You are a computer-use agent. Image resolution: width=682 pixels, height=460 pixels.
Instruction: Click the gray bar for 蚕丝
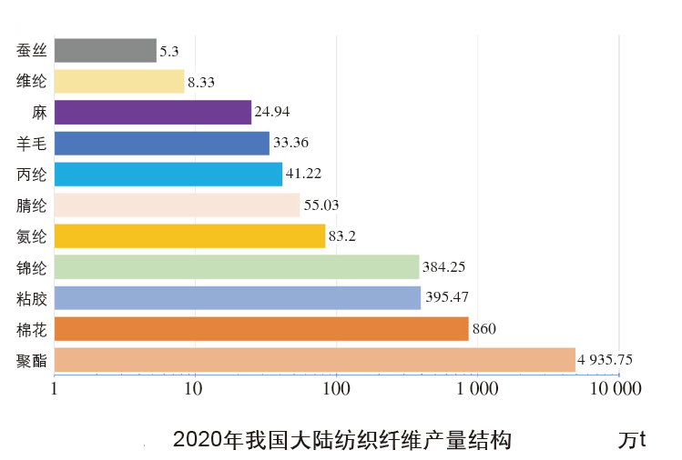pos(106,50)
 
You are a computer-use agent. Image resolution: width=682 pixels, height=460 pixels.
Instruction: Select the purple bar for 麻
pos(153,112)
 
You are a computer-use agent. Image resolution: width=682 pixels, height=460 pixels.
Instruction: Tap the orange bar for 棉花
pos(261,328)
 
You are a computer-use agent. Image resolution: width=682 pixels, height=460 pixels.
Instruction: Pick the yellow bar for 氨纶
pos(189,235)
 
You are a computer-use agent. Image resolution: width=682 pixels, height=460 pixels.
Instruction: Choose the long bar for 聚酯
pos(315,359)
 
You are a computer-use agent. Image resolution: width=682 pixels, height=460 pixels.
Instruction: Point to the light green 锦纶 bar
pos(237,266)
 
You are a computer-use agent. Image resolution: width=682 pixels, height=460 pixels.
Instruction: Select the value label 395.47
pos(450,298)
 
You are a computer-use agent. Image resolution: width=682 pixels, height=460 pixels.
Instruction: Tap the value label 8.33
pos(201,82)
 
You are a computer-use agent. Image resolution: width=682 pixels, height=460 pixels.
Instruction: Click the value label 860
pos(484,329)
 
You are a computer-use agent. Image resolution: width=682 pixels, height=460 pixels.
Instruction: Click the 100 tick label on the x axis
pos(336,390)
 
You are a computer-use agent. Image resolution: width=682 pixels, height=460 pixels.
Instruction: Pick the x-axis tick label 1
pos(55,390)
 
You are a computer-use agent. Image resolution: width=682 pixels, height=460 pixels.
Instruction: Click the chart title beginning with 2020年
pos(341,441)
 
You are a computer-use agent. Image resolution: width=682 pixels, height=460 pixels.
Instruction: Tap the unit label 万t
pos(631,441)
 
